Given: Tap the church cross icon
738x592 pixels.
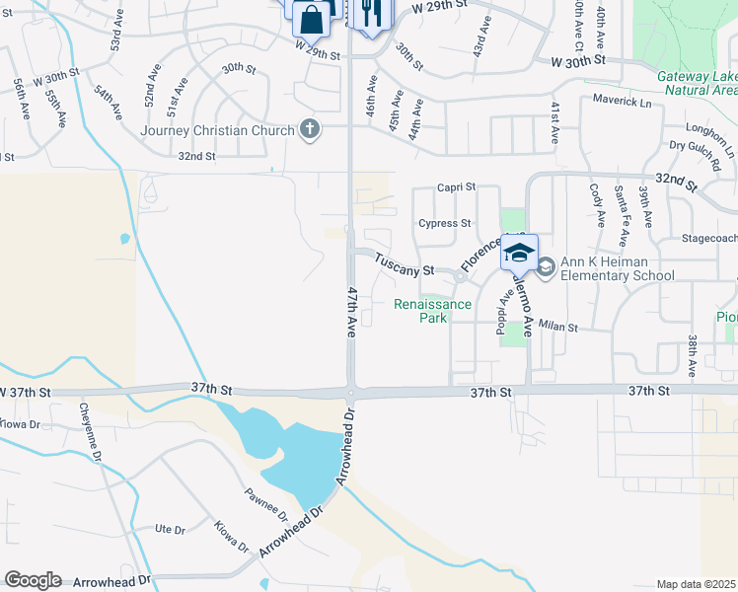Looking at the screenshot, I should click(310, 129).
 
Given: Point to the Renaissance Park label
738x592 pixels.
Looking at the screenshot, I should click(433, 311).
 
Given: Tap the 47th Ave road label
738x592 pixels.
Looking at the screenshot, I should click(350, 313).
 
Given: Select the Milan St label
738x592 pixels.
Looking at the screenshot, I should click(557, 327).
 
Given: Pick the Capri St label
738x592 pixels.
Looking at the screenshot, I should click(457, 186).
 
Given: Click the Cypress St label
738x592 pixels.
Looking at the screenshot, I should click(444, 223).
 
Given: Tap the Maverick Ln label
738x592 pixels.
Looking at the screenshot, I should click(623, 101).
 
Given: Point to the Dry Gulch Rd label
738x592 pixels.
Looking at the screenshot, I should click(701, 146).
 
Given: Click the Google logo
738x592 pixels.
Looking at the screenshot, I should click(33, 580).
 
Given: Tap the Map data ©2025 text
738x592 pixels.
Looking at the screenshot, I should click(696, 584).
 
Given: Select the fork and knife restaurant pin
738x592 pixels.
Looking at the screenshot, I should click(371, 14).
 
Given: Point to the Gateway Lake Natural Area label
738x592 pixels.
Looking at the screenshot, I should click(698, 83).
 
